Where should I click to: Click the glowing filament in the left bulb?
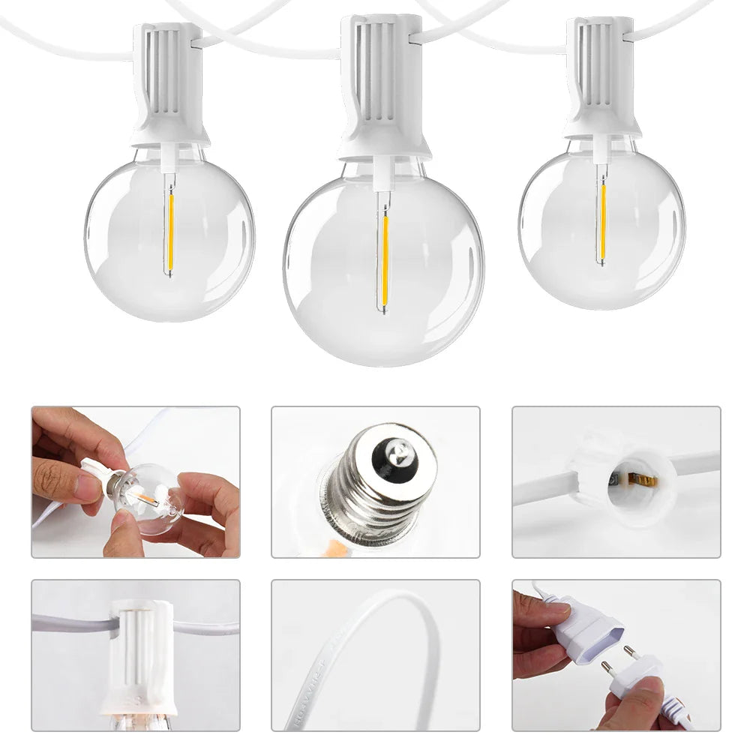click(x=170, y=224)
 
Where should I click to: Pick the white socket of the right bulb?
click(x=601, y=79)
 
